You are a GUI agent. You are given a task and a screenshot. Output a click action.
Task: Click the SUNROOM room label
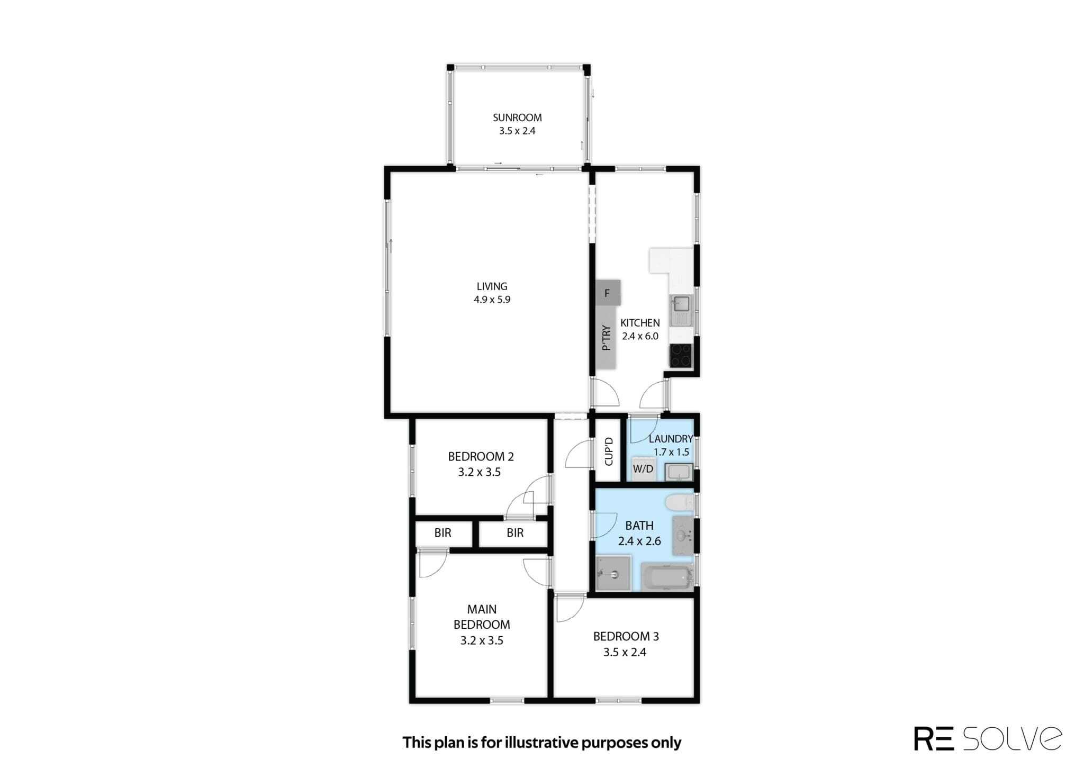[517, 118]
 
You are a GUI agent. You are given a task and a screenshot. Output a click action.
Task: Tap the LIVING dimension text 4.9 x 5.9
[492, 300]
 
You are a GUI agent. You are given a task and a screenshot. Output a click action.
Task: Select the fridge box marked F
[608, 293]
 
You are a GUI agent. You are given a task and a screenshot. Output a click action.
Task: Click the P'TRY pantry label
[607, 338]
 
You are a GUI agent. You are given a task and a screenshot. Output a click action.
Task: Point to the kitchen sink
[681, 311]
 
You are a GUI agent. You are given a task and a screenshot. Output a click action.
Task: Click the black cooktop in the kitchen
[681, 356]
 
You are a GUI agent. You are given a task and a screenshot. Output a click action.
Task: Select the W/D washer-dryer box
[643, 469]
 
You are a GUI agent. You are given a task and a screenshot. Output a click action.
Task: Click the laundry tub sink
[679, 472]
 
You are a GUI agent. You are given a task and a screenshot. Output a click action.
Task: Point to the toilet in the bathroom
[680, 503]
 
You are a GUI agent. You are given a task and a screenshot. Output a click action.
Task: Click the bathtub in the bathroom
[667, 577]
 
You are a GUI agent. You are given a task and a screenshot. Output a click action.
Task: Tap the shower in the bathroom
[613, 573]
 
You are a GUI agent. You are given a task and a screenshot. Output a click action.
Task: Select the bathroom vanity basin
[683, 536]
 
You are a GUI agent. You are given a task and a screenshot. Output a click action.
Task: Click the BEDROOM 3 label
[626, 636]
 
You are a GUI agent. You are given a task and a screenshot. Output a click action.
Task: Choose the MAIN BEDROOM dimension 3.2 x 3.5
[482, 640]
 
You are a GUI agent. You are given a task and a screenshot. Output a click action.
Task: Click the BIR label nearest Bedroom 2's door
[515, 533]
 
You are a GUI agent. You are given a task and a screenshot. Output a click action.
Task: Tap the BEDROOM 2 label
[481, 456]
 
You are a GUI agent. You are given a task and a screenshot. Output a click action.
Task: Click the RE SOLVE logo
[988, 738]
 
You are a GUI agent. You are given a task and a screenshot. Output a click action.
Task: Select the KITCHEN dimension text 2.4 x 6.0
[640, 336]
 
